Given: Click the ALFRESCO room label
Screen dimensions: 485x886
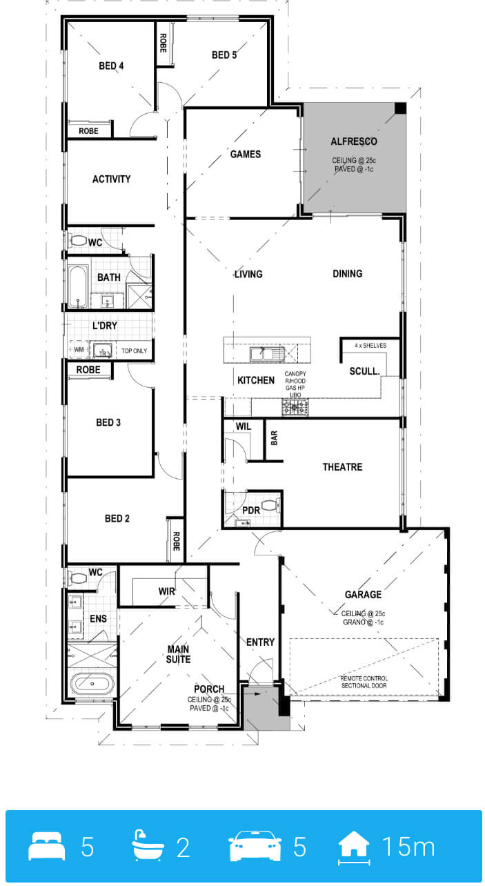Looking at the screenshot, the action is (354, 141).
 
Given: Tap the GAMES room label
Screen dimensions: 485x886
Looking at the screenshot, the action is (246, 154).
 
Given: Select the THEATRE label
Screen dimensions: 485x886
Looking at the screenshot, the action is (342, 466).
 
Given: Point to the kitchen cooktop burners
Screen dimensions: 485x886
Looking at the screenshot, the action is (295, 407).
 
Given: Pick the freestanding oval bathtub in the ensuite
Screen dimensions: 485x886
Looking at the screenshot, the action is (92, 684).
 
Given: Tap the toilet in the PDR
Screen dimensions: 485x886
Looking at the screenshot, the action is (271, 505).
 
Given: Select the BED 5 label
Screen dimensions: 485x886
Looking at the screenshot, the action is (224, 55).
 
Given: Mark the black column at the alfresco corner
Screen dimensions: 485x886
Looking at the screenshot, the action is (400, 108).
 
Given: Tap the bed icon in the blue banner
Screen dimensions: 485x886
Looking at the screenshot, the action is (47, 846).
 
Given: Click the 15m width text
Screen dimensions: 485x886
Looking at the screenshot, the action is (408, 847).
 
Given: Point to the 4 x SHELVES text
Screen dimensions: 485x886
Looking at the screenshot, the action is (370, 345).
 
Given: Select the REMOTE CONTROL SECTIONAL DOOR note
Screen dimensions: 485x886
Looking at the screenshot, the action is (364, 682).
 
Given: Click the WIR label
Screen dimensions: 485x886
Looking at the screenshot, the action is (166, 591).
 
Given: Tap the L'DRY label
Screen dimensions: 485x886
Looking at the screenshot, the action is (104, 326).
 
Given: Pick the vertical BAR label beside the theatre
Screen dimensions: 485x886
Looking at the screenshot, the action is (274, 438).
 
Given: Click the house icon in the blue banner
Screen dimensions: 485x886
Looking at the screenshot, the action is (354, 847).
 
